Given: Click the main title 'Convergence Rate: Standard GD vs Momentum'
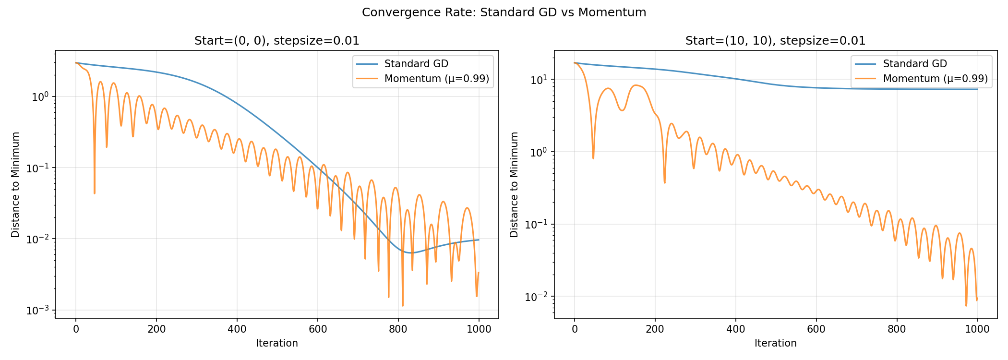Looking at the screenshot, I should (x=504, y=12).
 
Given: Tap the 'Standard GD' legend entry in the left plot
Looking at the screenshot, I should (x=416, y=64).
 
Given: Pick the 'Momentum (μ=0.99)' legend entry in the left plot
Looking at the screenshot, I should (x=436, y=79).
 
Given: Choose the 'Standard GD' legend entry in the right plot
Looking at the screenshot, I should (x=915, y=64).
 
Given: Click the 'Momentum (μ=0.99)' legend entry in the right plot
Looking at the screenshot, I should (x=935, y=79).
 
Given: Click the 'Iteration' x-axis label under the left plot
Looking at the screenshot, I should (x=277, y=343).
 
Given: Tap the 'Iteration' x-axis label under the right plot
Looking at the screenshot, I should (x=776, y=343).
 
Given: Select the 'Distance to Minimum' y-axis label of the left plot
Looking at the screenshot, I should (x=16, y=184).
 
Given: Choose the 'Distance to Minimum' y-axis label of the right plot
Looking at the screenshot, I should (x=515, y=184).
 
